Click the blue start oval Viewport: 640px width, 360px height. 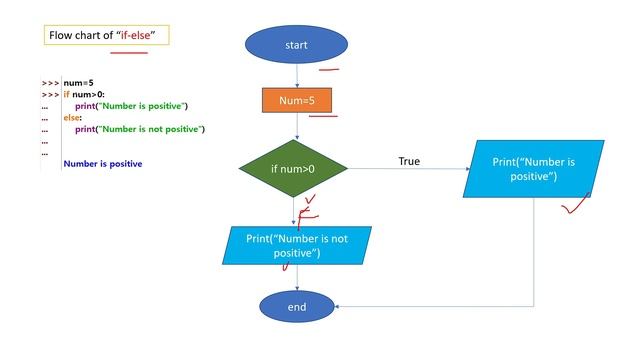(296, 45)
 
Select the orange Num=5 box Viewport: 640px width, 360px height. (296, 100)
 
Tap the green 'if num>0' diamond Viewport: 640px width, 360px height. (293, 168)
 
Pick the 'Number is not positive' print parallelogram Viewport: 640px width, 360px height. (296, 246)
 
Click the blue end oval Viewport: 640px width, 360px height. (296, 307)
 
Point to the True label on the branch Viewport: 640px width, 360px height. (409, 161)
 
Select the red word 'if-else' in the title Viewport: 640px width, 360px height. (140, 36)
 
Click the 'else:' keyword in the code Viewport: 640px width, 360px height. (73, 117)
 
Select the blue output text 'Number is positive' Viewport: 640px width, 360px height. (102, 163)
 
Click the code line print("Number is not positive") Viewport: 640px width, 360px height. (139, 129)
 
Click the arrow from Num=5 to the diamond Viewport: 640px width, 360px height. (296, 128)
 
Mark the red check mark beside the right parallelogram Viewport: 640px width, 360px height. (573, 207)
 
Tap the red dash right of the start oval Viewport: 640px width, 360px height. (329, 71)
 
